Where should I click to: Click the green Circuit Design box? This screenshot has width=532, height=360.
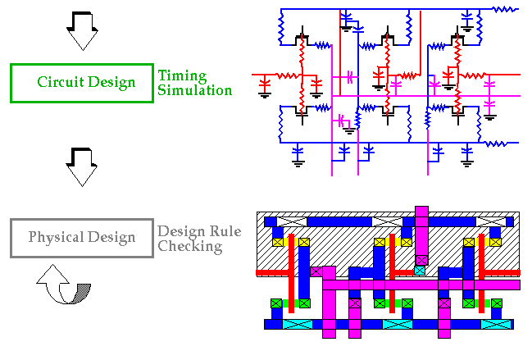coord(81,83)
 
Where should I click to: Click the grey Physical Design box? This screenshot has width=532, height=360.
coord(81,238)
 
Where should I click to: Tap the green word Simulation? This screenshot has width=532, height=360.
coord(195,90)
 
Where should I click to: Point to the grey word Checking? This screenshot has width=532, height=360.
coord(190,246)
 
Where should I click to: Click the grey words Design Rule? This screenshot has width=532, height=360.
coord(199,231)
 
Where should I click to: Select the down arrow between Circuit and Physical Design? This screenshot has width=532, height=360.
coord(81,166)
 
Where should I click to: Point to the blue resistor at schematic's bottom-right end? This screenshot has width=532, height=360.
coord(494,144)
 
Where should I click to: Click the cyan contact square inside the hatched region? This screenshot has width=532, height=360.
coord(421,270)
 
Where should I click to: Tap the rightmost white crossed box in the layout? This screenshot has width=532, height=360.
coord(490,221)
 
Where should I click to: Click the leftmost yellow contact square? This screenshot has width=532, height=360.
coord(277,242)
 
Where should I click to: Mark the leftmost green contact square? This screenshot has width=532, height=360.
coord(277,303)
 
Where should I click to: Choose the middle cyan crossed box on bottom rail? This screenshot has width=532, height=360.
coord(398,324)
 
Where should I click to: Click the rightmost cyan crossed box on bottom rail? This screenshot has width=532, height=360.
coord(495,324)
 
